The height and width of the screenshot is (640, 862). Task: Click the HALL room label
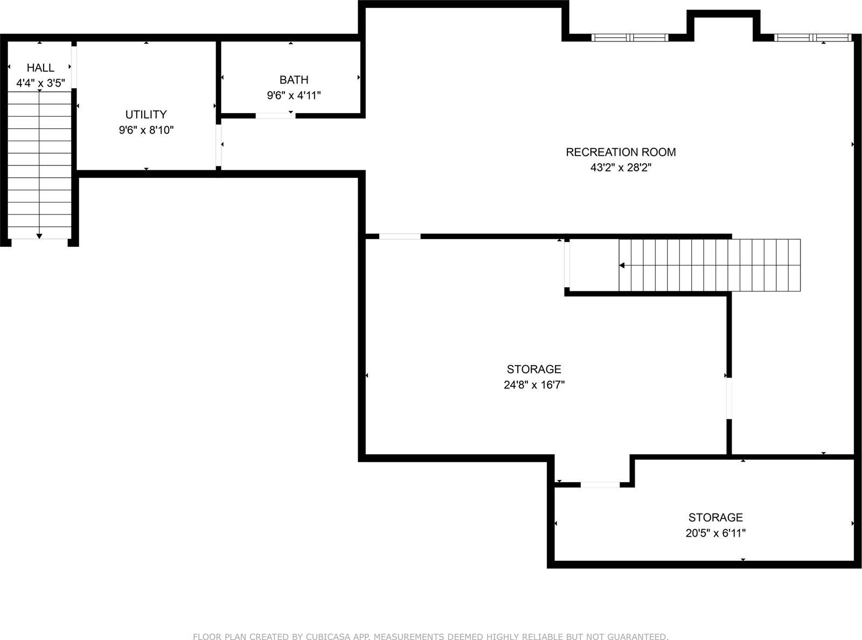40,68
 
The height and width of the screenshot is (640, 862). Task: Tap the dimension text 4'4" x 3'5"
40,84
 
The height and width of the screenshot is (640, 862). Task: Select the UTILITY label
146,114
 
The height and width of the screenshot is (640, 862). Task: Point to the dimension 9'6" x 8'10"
146,130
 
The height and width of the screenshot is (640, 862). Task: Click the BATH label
294,80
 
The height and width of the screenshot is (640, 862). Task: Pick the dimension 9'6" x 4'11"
294,95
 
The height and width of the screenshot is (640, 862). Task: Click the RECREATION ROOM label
621,152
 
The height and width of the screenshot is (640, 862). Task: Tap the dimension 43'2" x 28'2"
621,168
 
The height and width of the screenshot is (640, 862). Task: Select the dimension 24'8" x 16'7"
534,385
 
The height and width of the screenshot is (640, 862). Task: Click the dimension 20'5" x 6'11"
715,533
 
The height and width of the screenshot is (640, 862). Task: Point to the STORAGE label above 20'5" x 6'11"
715,518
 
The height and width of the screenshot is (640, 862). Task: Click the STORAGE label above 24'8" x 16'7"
534,369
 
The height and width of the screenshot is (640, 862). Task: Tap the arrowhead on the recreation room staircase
622,265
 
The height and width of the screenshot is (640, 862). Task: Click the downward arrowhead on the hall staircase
39,236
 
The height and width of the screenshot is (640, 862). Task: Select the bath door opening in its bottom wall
275,115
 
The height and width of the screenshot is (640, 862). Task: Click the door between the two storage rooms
600,485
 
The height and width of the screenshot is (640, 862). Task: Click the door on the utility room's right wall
219,145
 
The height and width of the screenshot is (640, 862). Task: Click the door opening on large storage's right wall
729,399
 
